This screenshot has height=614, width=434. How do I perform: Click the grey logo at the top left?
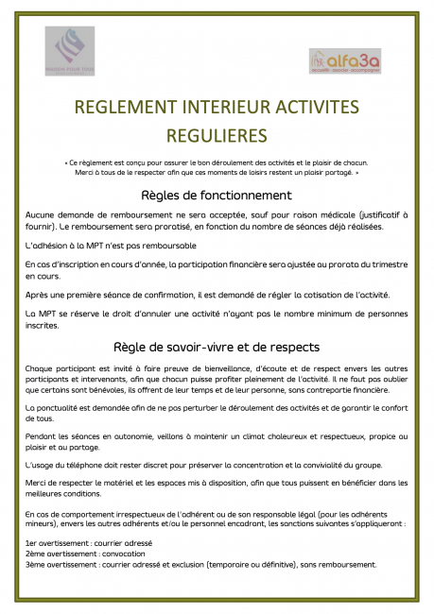[69, 52]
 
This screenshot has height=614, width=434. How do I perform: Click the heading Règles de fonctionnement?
[217, 195]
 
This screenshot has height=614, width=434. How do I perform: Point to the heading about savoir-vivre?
[217, 347]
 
